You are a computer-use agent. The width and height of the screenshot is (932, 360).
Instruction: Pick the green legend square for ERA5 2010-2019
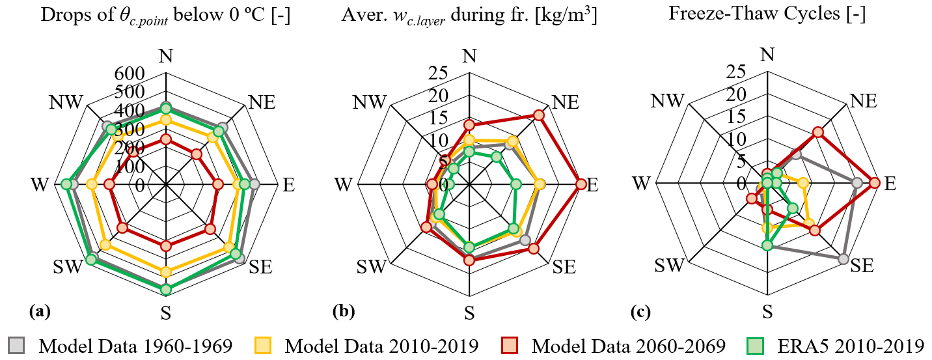760,345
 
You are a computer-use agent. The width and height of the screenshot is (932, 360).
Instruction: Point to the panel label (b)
343,312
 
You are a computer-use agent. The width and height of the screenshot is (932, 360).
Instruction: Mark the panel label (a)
40,312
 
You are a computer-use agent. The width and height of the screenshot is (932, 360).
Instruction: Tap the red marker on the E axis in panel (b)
581,184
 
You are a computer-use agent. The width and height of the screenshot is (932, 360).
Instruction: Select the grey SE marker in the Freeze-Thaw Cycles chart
843,259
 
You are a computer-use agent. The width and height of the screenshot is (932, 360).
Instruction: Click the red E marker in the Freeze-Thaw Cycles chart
874,184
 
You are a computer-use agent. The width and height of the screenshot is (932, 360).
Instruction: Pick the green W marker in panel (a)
66,185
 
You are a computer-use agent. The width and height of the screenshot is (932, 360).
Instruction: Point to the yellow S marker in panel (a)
165,272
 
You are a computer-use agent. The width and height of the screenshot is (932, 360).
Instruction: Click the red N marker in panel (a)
165,139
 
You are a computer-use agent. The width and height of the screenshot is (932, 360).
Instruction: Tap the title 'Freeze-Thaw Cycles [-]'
767,15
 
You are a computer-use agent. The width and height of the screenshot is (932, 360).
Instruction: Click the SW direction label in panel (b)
373,266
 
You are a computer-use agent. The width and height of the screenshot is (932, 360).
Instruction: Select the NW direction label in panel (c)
668,101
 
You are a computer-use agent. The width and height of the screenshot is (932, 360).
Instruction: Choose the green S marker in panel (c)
767,245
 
